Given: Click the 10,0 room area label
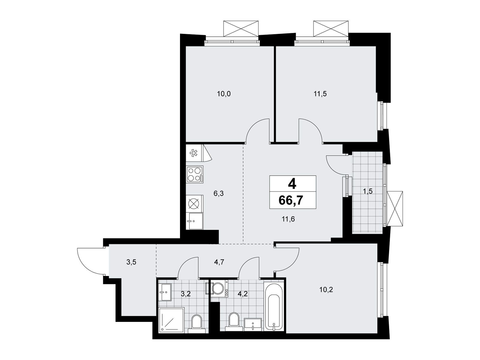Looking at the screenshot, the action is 224,94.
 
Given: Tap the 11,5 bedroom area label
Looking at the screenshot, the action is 320,94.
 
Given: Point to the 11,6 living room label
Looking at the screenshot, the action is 288,219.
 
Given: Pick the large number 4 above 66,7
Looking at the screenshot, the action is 292,184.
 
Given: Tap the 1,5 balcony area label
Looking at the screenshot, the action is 367,191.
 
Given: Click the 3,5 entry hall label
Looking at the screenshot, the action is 131,262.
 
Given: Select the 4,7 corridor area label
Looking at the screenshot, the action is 219,262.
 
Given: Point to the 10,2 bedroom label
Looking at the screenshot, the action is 326,290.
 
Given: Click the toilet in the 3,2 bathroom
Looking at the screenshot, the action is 197,324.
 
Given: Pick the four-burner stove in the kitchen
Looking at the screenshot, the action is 195,174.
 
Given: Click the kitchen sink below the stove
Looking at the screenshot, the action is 195,221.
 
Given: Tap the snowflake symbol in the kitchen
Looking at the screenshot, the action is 193,153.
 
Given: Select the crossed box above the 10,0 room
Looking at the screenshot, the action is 241,28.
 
